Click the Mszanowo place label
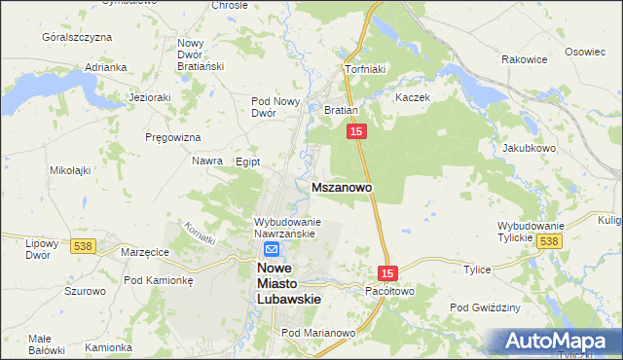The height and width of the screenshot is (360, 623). [340, 185]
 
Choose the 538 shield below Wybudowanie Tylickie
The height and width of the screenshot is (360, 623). [549, 241]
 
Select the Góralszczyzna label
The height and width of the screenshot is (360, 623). [77, 37]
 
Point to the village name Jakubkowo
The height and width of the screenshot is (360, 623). [529, 149]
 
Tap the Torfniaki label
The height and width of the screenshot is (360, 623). [367, 70]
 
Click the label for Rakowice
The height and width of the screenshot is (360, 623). [525, 59]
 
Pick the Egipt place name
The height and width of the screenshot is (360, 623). [248, 162]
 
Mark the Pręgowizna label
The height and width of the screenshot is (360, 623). [172, 137]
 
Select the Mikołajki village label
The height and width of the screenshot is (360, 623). [70, 170]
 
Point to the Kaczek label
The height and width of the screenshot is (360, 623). [413, 98]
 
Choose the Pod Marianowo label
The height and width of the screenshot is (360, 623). [318, 333]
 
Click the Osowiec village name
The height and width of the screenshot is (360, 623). [585, 52]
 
